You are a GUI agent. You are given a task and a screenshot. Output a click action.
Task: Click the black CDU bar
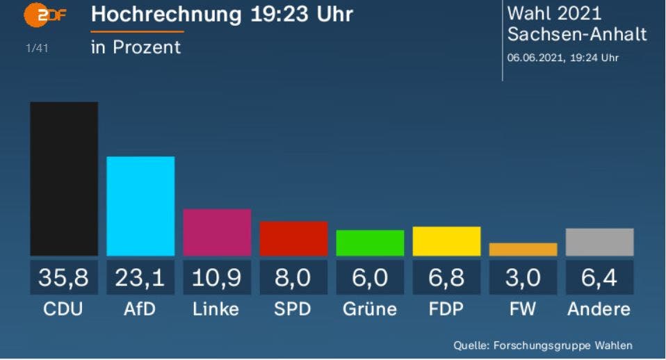pyautogui.click(x=64, y=179)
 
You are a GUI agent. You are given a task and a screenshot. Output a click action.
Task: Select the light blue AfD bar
pyautogui.click(x=140, y=206)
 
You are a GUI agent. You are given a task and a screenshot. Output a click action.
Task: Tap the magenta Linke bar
pyautogui.click(x=217, y=232)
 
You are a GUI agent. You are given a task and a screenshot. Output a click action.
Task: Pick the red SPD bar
pyautogui.click(x=293, y=238)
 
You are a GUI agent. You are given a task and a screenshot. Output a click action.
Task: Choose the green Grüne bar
pyautogui.click(x=370, y=243)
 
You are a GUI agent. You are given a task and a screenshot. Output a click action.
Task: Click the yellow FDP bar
pyautogui.click(x=446, y=241)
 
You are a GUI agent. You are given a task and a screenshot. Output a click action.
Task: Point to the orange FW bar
pyautogui.click(x=523, y=249)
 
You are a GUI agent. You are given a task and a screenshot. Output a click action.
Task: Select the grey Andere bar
pyautogui.click(x=599, y=242)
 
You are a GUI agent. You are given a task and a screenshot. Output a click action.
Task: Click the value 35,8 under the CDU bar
pyautogui.click(x=64, y=278)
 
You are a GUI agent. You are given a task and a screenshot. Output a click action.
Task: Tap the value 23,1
pyautogui.click(x=140, y=278)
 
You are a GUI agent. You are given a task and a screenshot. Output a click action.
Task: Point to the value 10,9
pyautogui.click(x=217, y=278)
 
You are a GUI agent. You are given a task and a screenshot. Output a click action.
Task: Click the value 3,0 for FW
pyautogui.click(x=523, y=278)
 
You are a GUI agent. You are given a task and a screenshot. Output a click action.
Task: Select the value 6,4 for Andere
pyautogui.click(x=599, y=278)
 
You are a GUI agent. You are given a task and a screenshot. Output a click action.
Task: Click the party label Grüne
pyautogui.click(x=370, y=309)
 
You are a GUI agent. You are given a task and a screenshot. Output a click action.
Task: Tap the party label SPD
pyautogui.click(x=293, y=309)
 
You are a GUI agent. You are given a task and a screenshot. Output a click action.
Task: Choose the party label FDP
pyautogui.click(x=446, y=309)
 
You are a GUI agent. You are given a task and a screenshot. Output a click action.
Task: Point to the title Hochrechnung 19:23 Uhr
pyautogui.click(x=222, y=15)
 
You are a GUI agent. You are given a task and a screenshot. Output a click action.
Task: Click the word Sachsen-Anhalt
pyautogui.click(x=577, y=35)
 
